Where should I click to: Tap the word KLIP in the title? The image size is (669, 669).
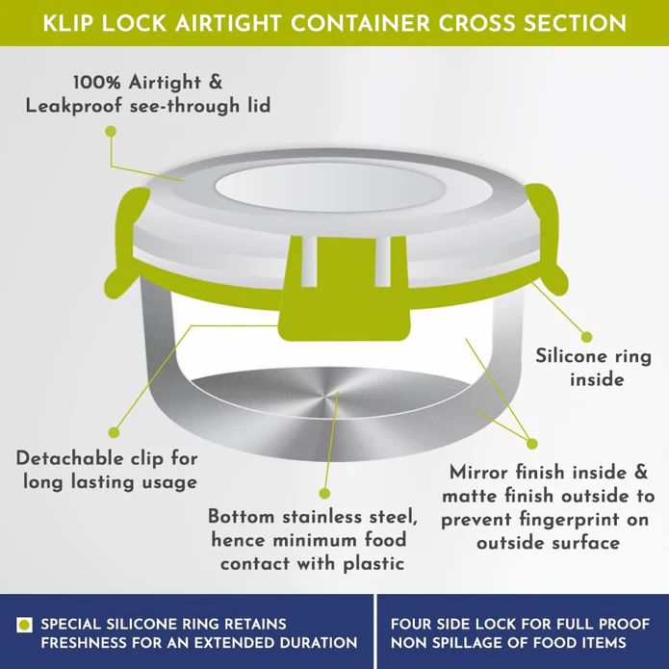[x=68, y=23]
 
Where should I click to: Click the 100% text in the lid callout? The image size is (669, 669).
[x=97, y=83]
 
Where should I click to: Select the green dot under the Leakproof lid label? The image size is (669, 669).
[x=111, y=131]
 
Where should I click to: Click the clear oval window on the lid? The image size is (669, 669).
[x=330, y=188]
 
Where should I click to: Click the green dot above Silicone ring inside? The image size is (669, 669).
[x=586, y=337]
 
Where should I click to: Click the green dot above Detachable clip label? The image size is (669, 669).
[x=114, y=432]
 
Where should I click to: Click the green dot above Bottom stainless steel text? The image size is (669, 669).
[x=324, y=494]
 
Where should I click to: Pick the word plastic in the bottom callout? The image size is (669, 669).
[x=373, y=564]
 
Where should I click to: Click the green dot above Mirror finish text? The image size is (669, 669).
[x=531, y=444]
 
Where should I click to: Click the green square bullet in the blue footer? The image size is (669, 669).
[x=24, y=625]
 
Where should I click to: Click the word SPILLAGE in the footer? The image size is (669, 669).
[x=473, y=643]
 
